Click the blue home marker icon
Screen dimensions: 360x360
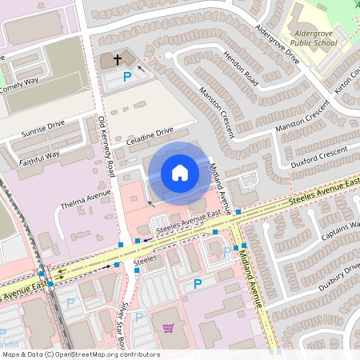[180, 173]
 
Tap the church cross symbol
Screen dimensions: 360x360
[118, 59]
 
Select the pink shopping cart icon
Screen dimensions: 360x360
[168, 327]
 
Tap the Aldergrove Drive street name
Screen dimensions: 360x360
[276, 45]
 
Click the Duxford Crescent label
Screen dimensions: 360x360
[320, 152]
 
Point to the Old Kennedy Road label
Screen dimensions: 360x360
[105, 145]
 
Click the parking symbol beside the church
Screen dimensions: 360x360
[126, 78]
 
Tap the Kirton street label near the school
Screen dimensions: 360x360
[348, 79]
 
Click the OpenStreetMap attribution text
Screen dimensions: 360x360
[80, 354]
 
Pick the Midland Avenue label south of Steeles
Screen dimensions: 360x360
[252, 277]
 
